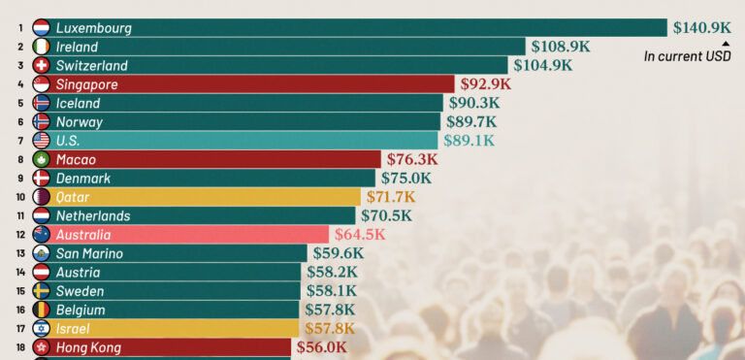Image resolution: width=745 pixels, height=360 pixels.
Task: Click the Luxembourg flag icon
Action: [x=42, y=27]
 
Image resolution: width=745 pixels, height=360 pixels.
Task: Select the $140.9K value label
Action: [x=701, y=28]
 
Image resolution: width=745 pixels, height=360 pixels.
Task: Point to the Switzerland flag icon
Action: [x=42, y=65]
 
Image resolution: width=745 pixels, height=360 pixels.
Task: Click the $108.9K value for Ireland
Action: [x=561, y=47]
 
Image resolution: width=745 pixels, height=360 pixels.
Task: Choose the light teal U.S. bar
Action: [x=235, y=141]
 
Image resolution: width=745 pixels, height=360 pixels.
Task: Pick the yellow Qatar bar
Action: [x=197, y=197]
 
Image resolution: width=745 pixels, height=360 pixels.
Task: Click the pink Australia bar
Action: [x=180, y=235]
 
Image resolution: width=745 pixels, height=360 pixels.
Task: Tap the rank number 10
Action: [x=20, y=197]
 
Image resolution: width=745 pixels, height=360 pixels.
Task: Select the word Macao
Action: [x=76, y=159]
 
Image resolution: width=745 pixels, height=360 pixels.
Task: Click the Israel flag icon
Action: [x=42, y=329]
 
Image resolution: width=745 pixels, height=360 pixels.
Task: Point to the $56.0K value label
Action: [x=322, y=347]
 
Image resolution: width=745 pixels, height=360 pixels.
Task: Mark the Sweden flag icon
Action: [x=42, y=291]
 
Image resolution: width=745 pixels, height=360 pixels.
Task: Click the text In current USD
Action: [x=688, y=56]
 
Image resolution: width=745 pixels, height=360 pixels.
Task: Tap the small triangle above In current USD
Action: [x=726, y=44]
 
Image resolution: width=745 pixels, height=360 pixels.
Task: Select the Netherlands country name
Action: [x=93, y=216]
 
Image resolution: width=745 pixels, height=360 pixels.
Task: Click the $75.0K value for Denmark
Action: [x=406, y=179]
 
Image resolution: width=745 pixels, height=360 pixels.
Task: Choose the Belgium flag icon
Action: [x=42, y=310]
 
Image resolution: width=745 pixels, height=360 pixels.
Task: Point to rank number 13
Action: [x=20, y=253]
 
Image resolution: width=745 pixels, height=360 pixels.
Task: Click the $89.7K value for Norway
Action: [x=471, y=121]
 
